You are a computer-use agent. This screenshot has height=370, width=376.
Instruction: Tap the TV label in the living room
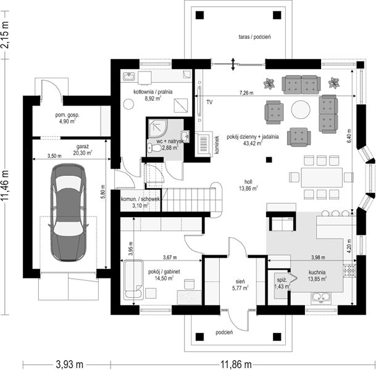tap(209, 102)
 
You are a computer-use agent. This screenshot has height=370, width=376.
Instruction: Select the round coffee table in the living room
tap(301, 109)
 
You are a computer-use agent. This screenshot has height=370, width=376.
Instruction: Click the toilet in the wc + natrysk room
tap(154, 148)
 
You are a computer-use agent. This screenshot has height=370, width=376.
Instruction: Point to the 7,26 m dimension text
tap(246, 93)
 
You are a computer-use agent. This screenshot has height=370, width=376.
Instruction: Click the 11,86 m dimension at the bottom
tap(236, 364)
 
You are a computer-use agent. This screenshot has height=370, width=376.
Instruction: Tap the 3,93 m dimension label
tap(70, 364)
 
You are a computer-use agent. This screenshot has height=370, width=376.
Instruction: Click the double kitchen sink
tap(321, 297)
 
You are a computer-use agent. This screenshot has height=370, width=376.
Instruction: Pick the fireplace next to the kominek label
tap(203, 144)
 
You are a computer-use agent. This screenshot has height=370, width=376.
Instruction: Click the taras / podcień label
tap(254, 37)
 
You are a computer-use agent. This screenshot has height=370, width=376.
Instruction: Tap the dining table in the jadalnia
tap(322, 177)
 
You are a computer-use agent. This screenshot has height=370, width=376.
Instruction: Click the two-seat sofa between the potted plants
tap(301, 84)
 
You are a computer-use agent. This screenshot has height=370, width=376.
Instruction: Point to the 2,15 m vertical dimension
tap(5, 35)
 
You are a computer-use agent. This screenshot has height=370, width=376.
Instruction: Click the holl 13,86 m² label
tap(248, 185)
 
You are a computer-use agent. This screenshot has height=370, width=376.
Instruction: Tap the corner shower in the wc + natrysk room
tap(156, 128)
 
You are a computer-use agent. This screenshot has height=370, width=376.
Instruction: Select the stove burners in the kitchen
tap(349, 270)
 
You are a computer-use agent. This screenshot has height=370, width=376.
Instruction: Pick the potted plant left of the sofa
tap(269, 84)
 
